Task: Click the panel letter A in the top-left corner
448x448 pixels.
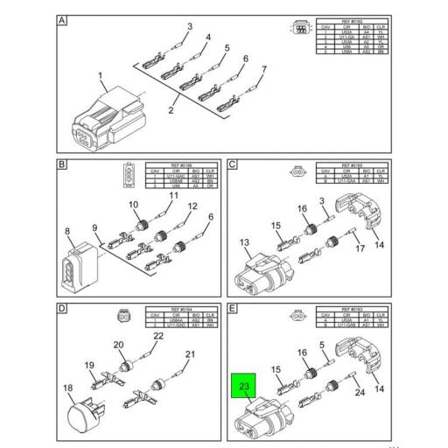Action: point(63,20)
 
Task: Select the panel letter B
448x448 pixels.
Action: point(63,164)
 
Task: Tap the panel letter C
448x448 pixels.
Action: point(233,164)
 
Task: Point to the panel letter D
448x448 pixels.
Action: point(63,308)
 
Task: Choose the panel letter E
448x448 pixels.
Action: point(233,308)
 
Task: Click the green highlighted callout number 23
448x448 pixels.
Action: point(244,385)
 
